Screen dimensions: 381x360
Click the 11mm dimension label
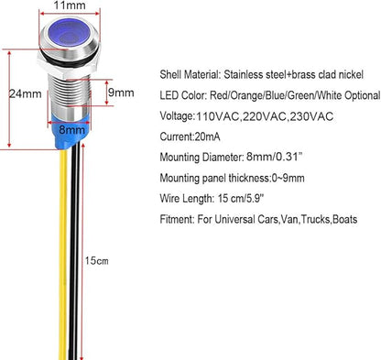click(x=70, y=5)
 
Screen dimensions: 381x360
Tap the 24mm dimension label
click(x=25, y=93)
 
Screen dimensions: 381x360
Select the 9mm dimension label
click(x=121, y=93)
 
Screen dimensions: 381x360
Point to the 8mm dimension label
click(x=72, y=129)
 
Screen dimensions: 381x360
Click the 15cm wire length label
click(x=96, y=261)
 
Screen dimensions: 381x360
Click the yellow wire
click(x=63, y=255)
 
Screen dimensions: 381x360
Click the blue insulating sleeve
click(x=71, y=131)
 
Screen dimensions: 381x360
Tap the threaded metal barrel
click(x=70, y=94)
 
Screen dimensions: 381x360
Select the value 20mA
click(x=207, y=136)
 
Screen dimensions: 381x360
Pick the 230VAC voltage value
click(x=311, y=116)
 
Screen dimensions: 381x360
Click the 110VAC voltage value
click(x=217, y=116)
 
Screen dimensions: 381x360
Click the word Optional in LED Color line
click(x=363, y=95)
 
